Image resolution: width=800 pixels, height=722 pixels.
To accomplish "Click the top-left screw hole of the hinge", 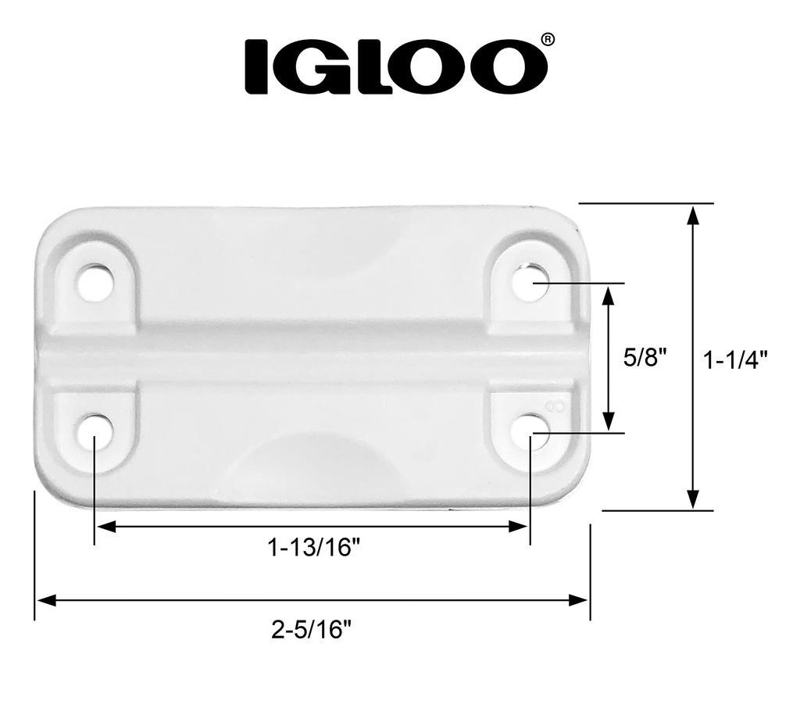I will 95,282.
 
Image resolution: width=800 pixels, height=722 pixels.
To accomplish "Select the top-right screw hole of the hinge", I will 530,282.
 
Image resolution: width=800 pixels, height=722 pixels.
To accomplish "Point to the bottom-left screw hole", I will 95,431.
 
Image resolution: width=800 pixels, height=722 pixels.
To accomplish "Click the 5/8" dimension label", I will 645,358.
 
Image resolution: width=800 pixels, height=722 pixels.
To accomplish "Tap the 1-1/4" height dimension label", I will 734,359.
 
